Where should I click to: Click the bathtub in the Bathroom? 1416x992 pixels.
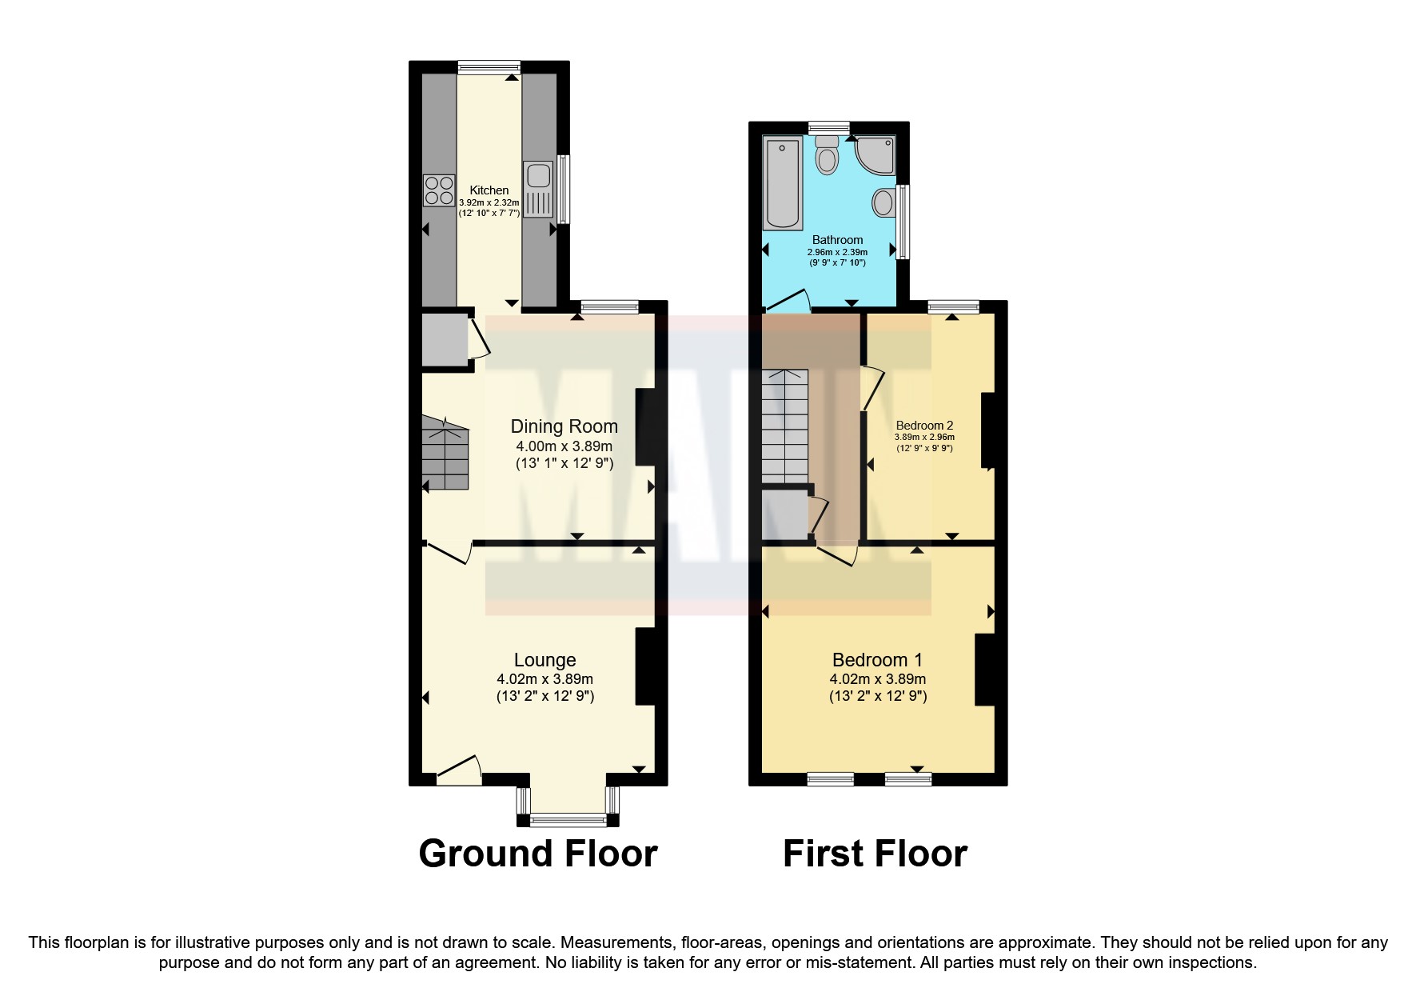click(x=783, y=182)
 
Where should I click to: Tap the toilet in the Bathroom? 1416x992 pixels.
click(x=827, y=155)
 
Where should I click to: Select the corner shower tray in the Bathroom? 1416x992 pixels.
click(x=876, y=155)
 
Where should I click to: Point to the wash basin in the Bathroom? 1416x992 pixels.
click(x=883, y=202)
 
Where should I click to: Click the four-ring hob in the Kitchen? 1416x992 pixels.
click(x=439, y=190)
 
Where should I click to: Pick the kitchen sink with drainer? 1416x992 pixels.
click(x=537, y=189)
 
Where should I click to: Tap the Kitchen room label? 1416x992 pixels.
click(x=489, y=190)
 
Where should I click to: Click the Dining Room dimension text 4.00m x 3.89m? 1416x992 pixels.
click(x=564, y=446)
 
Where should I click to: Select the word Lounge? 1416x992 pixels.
click(x=544, y=660)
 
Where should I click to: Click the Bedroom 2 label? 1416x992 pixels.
click(x=924, y=426)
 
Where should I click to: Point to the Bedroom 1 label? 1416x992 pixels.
click(x=877, y=660)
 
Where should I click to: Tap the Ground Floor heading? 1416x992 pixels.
click(x=537, y=854)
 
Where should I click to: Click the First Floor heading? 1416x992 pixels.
click(x=875, y=854)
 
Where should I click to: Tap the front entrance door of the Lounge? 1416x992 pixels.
click(x=458, y=770)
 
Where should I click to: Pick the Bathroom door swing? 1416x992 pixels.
click(x=787, y=302)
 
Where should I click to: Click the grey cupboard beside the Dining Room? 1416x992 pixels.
click(x=444, y=340)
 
